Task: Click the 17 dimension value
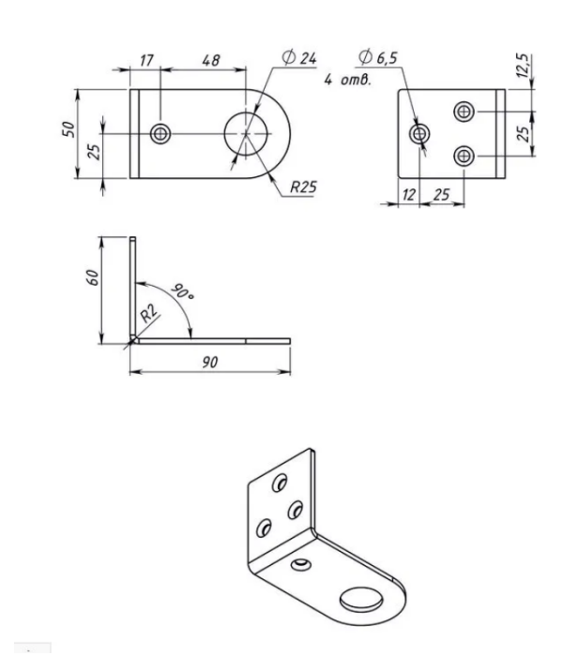tap(146, 61)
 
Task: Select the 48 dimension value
tap(211, 61)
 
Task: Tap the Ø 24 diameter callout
tap(299, 57)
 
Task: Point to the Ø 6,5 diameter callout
tap(377, 57)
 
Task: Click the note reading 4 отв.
tap(347, 80)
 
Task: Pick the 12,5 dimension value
tap(523, 66)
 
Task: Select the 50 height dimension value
tap(68, 129)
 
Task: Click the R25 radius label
tap(303, 186)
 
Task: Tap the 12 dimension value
tap(409, 195)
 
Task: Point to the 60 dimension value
tap(93, 277)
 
